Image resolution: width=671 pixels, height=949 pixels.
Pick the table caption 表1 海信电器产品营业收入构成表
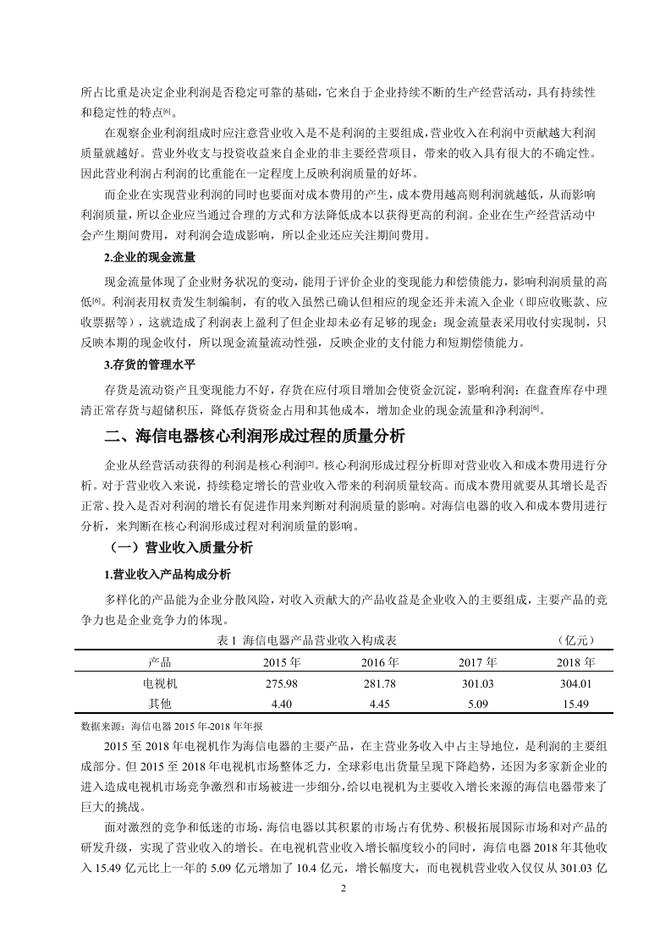click(x=308, y=640)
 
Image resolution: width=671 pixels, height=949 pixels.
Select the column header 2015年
click(x=282, y=661)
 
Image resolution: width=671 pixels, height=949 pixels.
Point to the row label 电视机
click(x=160, y=683)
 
